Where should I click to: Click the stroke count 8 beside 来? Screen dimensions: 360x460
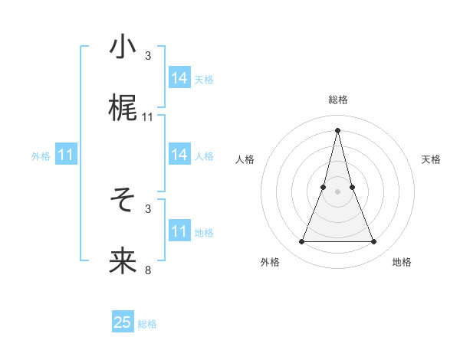pyautogui.click(x=148, y=270)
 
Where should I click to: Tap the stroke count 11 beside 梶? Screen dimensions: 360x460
pyautogui.click(x=148, y=117)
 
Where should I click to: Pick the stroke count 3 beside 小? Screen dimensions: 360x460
pyautogui.click(x=148, y=56)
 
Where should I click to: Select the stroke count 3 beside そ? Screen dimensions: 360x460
pyautogui.click(x=148, y=208)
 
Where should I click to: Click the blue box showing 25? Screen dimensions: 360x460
pyautogui.click(x=123, y=322)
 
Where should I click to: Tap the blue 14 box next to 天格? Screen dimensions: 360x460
pyautogui.click(x=179, y=78)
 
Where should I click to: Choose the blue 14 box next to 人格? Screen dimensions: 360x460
pyautogui.click(x=179, y=155)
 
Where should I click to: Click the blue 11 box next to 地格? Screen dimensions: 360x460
pyautogui.click(x=179, y=231)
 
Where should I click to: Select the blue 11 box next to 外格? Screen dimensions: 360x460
pyautogui.click(x=66, y=155)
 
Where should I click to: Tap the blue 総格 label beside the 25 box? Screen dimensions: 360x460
pyautogui.click(x=147, y=324)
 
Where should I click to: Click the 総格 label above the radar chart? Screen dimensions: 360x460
pyautogui.click(x=337, y=100)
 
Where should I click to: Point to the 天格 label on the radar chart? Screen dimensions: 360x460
pyautogui.click(x=432, y=159)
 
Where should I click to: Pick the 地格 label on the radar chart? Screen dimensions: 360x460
pyautogui.click(x=402, y=263)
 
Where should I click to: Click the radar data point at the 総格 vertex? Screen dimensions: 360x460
pyautogui.click(x=337, y=129)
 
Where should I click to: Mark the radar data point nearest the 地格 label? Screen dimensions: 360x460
pyautogui.click(x=374, y=242)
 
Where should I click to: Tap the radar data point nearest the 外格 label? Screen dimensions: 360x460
pyautogui.click(x=301, y=242)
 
